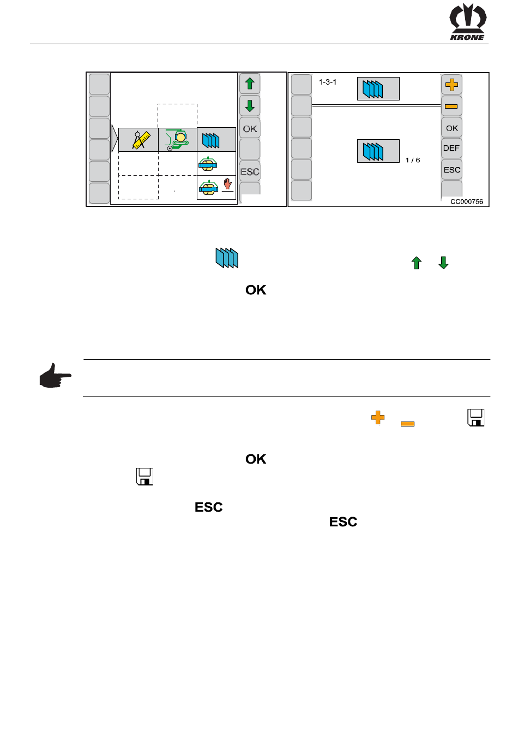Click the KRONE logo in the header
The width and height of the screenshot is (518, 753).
[467, 22]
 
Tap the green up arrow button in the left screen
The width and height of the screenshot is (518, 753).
[250, 84]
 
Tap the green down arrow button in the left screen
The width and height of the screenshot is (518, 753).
[250, 105]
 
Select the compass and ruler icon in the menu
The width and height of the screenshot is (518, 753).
[140, 140]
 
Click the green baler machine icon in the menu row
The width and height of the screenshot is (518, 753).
[177, 140]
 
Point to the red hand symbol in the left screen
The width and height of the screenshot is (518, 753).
[227, 184]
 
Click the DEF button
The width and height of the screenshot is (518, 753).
[451, 149]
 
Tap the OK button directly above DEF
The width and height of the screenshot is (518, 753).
[451, 128]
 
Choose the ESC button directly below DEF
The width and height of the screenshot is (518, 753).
[451, 170]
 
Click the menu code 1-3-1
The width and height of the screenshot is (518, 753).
[328, 82]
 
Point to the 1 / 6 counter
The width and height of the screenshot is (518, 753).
[413, 161]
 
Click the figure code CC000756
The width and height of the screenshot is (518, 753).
[466, 201]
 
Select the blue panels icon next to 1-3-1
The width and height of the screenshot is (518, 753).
[378, 88]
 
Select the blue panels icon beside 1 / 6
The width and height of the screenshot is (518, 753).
[378, 151]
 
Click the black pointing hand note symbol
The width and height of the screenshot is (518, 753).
[55, 376]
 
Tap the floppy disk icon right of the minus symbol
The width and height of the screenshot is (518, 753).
[475, 418]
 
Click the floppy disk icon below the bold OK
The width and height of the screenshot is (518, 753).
[144, 477]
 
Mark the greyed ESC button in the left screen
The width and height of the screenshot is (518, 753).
[250, 171]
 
